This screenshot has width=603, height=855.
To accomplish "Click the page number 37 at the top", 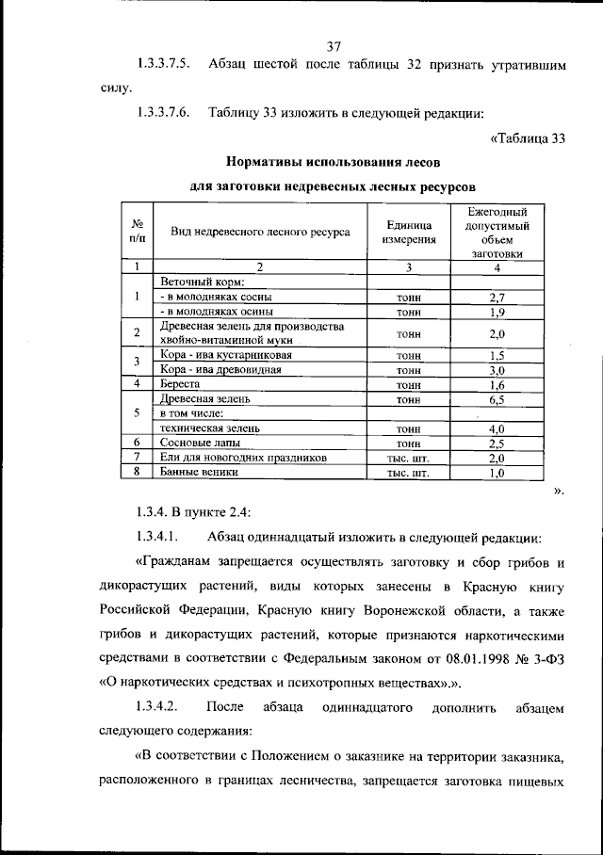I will (x=333, y=47).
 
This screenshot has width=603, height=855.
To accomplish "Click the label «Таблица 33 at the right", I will (x=528, y=139).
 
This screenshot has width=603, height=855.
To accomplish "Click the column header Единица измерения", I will (x=409, y=232).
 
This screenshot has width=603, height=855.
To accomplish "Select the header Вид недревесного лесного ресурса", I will (x=260, y=232).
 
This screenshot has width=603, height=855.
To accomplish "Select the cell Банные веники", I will (x=199, y=472).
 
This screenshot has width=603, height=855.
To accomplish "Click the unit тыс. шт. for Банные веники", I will (x=408, y=473).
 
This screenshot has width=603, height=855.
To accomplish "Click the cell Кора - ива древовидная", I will (x=224, y=369).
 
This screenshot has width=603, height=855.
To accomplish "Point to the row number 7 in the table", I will (x=138, y=457).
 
